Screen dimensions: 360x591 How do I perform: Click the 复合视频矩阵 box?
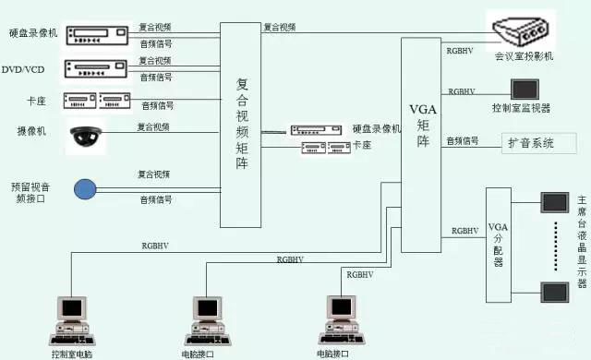click(x=241, y=124)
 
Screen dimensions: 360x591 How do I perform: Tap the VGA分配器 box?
click(x=498, y=244)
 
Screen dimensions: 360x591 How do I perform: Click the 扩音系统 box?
click(x=540, y=143)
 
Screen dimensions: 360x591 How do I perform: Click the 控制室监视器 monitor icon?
click(x=526, y=89)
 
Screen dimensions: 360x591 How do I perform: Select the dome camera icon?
click(x=86, y=136)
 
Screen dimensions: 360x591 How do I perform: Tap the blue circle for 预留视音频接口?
click(x=85, y=189)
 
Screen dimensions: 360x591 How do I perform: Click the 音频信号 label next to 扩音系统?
click(x=463, y=140)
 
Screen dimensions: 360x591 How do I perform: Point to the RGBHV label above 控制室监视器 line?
click(x=461, y=91)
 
